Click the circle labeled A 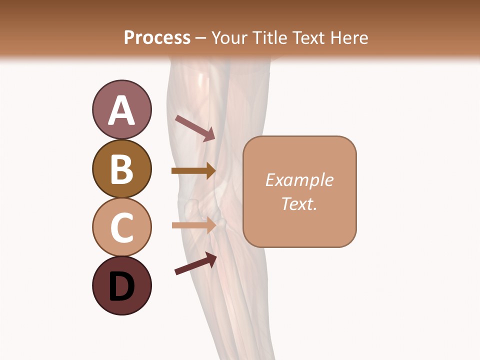click(121, 109)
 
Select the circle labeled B click(121, 168)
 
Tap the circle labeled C click(121, 227)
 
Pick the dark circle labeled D click(121, 286)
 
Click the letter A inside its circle click(121, 110)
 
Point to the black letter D click(121, 287)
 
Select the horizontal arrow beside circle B click(193, 170)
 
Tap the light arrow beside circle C click(194, 225)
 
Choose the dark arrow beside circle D click(196, 263)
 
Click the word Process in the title click(157, 37)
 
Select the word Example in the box click(299, 180)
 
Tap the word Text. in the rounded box click(299, 204)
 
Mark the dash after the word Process click(201, 38)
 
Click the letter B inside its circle click(121, 169)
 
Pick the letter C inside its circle click(121, 228)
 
